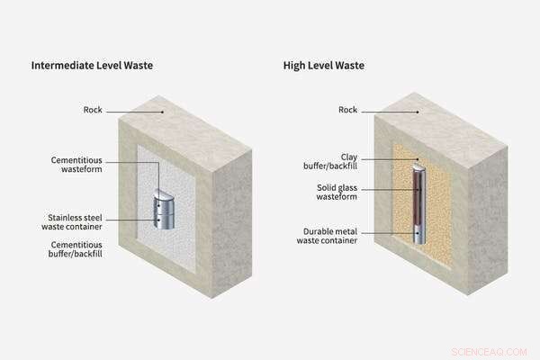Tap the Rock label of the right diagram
click(x=347, y=110)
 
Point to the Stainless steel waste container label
click(x=76, y=222)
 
